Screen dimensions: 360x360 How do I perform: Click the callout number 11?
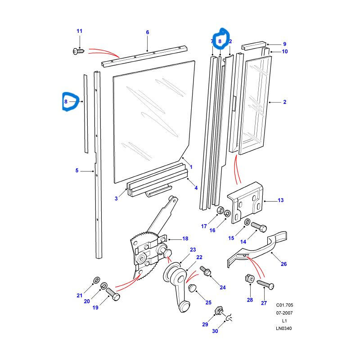coord(80,31)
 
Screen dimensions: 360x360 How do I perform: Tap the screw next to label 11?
coord(76,52)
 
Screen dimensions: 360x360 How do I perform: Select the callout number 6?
coord(147,32)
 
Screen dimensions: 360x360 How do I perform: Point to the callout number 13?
coord(281,200)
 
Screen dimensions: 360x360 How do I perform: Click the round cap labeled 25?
coord(192,288)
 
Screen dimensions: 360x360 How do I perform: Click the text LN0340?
coord(284,328)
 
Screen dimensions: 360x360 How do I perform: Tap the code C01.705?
coord(284,305)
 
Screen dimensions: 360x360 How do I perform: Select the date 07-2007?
coord(284,312)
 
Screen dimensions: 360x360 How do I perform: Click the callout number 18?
coord(185,238)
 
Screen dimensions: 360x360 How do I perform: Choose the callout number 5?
coord(77,171)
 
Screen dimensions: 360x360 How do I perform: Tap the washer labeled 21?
coord(95,281)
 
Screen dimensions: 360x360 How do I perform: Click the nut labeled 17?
coord(220,210)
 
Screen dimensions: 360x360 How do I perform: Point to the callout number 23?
coord(193,250)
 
